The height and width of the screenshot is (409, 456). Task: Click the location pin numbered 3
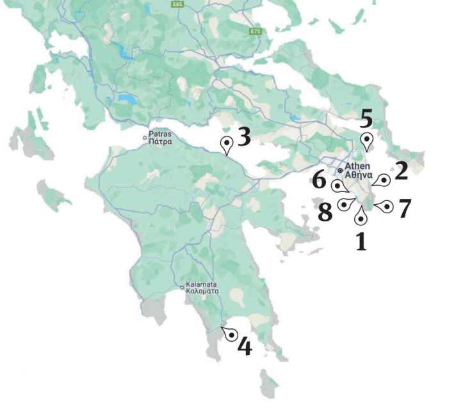[x=226, y=145]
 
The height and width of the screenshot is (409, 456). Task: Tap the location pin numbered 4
[x=231, y=335]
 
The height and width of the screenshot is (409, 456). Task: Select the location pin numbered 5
[x=366, y=141]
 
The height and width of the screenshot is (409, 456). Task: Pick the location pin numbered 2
[x=383, y=180]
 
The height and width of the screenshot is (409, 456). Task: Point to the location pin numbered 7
[x=385, y=207]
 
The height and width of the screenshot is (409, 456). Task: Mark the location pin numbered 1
[x=361, y=217]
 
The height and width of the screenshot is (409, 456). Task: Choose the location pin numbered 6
[x=339, y=186]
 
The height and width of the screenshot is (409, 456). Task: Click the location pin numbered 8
[x=345, y=205]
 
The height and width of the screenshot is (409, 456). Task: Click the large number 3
[x=243, y=136]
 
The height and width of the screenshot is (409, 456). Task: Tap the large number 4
[x=244, y=346]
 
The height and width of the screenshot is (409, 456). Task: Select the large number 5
[x=366, y=120]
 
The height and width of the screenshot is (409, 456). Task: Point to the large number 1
[x=361, y=241]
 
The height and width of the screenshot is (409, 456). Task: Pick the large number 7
[x=404, y=209]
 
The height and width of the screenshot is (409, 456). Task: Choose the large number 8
[x=325, y=212]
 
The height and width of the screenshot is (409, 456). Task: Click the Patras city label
[x=159, y=138]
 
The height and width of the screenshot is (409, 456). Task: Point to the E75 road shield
[x=256, y=31]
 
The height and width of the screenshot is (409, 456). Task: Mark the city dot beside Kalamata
[x=182, y=287]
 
